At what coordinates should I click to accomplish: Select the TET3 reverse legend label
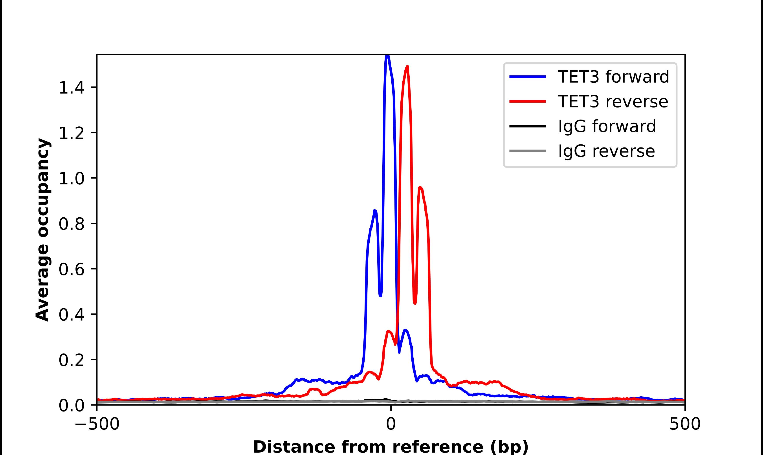click(x=613, y=102)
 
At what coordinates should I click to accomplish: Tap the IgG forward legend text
click(x=607, y=126)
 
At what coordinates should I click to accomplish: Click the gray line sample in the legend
click(x=527, y=151)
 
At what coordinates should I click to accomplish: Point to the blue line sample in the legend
click(x=527, y=77)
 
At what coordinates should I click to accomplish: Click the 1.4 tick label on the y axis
click(x=71, y=88)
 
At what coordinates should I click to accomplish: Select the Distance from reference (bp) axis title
click(x=391, y=447)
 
